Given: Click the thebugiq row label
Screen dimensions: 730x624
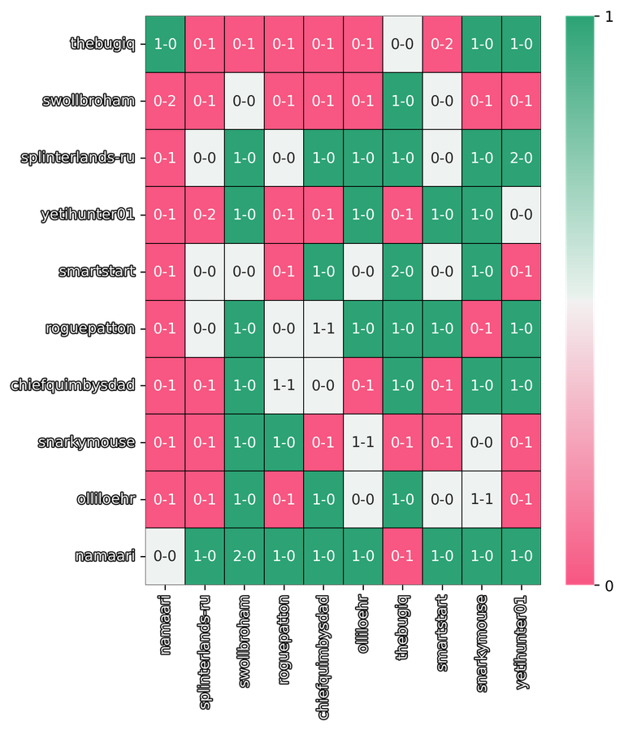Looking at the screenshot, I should coord(102,44).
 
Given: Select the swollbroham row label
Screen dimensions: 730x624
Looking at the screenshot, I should coord(89,101).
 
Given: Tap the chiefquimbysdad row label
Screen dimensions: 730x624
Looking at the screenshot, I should coord(74,385).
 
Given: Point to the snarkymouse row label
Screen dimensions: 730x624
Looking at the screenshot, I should coord(86,442).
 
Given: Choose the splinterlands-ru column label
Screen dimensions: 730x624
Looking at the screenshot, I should coord(205,650).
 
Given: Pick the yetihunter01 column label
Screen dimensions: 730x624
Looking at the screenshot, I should coord(521,642).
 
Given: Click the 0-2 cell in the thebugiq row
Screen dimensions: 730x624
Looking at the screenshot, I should coord(442,44).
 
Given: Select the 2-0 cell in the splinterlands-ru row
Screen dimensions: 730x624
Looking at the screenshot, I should coord(521,158).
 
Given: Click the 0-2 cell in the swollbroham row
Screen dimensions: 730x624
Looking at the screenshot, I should coord(166,101).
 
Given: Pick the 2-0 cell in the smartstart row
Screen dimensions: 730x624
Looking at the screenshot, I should coord(402,272).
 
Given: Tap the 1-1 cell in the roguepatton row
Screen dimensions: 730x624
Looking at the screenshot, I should coord(323,328).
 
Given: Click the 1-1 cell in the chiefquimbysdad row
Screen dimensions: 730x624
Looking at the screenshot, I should coord(284,385).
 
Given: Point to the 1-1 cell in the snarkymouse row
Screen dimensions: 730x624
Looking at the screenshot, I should coord(363,442).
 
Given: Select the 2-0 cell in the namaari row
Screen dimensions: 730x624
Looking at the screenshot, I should coord(245,556).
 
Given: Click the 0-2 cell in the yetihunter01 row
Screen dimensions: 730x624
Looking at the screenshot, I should coord(205,215).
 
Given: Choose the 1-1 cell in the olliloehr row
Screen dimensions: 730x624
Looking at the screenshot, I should coord(481,499).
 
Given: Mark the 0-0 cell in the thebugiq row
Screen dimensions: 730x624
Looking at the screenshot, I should coord(402,44).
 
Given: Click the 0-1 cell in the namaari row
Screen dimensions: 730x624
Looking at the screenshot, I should coord(402,556).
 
